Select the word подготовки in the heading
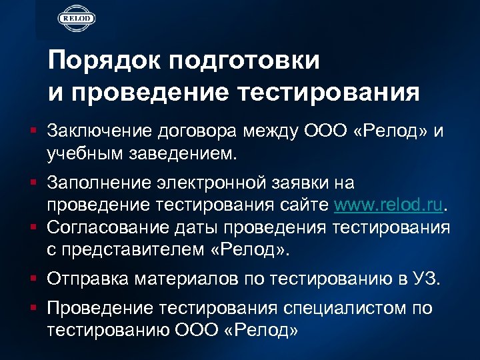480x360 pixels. point(245,62)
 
